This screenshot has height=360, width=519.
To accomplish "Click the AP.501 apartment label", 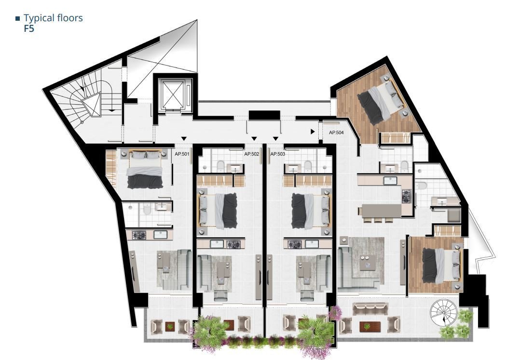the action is [x=182, y=154].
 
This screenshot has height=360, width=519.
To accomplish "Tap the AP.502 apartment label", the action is [x=252, y=154].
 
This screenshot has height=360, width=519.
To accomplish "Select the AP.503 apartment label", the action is [x=278, y=154].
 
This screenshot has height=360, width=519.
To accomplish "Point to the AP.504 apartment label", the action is [x=336, y=133].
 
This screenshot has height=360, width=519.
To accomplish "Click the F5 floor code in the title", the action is [x=29, y=29].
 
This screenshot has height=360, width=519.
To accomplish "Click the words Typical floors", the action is [x=53, y=18].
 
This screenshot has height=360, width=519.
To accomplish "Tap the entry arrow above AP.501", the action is [x=184, y=138].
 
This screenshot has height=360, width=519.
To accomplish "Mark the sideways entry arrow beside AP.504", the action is [x=313, y=132].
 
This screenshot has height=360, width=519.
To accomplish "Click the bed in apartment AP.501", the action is [x=145, y=169].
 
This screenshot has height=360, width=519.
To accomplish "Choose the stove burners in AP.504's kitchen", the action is [x=406, y=196].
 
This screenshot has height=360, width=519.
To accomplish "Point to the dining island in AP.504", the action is [x=382, y=211].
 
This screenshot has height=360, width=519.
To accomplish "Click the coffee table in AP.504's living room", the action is [x=367, y=263].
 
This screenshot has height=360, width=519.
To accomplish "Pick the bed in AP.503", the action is [x=311, y=211].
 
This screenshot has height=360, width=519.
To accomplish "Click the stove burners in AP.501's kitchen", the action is [x=139, y=235].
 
